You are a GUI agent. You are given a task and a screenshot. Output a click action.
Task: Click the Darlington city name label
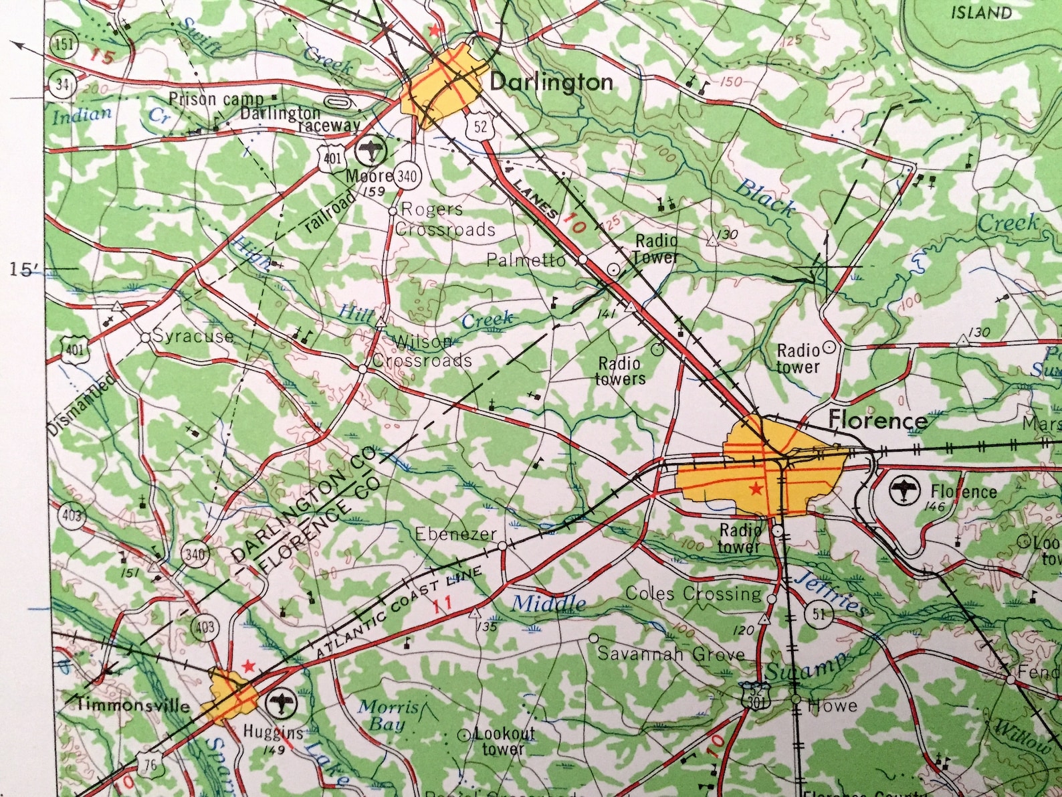(x=551, y=82)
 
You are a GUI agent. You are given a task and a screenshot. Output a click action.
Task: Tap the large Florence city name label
(x=877, y=420)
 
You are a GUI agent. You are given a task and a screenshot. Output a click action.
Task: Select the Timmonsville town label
(x=133, y=705)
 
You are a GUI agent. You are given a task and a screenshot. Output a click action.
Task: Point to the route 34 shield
(x=62, y=85)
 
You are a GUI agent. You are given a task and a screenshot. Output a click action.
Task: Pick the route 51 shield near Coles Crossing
(x=820, y=614)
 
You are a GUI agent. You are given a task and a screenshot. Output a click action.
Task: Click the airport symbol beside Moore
(x=368, y=150)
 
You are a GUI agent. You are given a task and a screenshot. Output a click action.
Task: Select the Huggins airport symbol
(x=280, y=703)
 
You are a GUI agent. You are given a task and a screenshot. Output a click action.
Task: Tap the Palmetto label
(x=526, y=260)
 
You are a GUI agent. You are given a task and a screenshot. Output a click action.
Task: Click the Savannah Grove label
(x=671, y=654)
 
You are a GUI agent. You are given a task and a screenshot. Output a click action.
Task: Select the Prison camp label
(x=207, y=100)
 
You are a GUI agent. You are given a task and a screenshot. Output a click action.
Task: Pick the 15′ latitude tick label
(x=25, y=270)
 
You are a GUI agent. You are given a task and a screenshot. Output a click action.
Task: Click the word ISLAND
(x=982, y=12)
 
